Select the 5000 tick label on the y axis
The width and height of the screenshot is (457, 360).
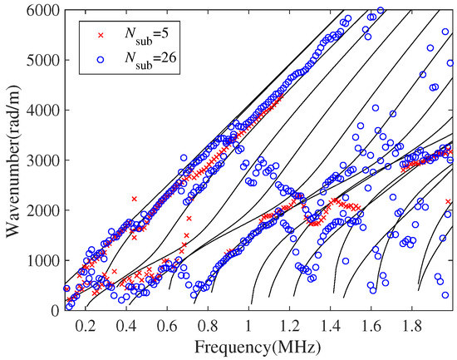tap(44, 60)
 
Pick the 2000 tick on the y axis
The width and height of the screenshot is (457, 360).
tap(44, 210)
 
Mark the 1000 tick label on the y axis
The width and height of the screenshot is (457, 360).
tap(44, 260)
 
